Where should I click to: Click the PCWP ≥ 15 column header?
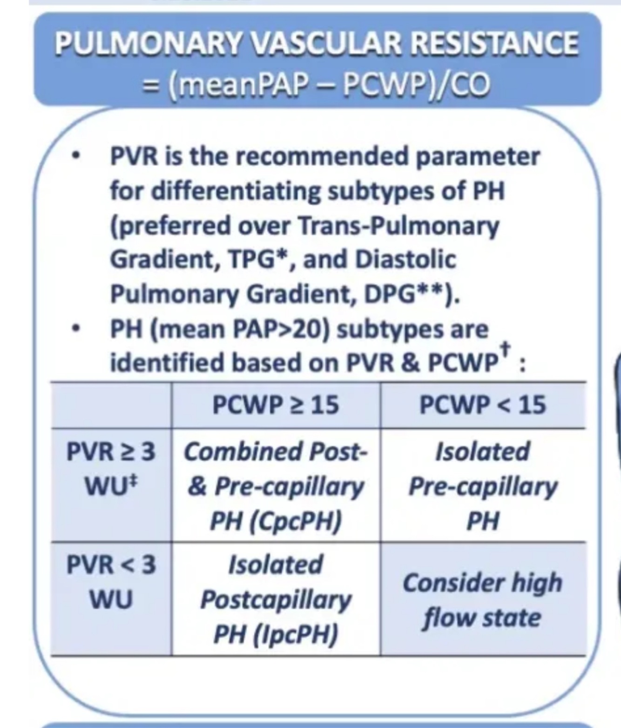click(x=275, y=405)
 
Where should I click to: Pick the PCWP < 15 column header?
click(x=482, y=405)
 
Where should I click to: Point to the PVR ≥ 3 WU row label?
click(x=111, y=468)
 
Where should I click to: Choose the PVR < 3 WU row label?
click(x=111, y=581)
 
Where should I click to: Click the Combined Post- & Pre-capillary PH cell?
click(x=275, y=486)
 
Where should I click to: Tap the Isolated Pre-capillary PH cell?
click(x=482, y=486)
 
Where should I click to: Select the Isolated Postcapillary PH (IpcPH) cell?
click(x=275, y=599)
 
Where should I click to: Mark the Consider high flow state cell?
click(x=482, y=600)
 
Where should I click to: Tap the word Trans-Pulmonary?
click(x=398, y=226)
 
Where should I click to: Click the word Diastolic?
click(x=405, y=260)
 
